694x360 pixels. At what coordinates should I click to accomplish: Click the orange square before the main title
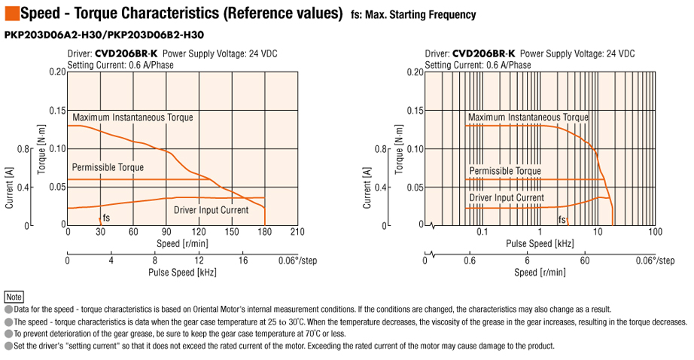coord(11,13)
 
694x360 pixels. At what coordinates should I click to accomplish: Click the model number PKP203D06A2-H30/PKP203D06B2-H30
coord(105,35)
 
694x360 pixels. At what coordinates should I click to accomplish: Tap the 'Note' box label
coord(14,297)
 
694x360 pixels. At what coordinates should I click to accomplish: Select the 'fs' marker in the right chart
coord(562,220)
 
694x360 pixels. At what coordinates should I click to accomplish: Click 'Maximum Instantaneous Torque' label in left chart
coord(132,117)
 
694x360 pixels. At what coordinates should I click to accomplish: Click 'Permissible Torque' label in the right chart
coord(505,171)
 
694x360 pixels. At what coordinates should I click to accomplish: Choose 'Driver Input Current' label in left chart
coord(211,209)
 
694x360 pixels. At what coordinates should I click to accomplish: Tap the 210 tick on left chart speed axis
coord(297,232)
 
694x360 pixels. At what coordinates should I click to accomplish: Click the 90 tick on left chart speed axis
coord(166,232)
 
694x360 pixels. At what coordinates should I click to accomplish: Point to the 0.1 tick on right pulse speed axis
coord(482,232)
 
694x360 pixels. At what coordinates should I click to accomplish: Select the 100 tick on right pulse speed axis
coord(654,232)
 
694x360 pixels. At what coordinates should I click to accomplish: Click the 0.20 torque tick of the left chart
coord(56,72)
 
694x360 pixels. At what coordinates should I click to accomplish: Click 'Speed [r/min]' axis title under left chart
coord(182,243)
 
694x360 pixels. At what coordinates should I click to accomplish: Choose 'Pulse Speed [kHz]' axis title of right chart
coord(540,243)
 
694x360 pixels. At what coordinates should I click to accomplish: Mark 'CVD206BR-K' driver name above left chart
coord(126,53)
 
